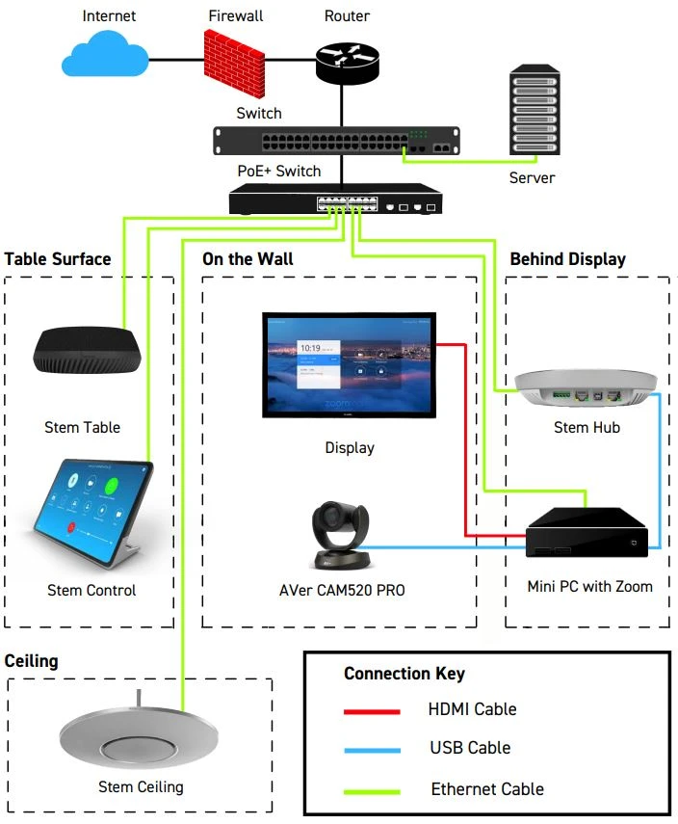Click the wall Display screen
click(349, 365)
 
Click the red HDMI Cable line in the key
click(372, 711)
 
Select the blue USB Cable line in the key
click(372, 749)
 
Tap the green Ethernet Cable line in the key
click(372, 790)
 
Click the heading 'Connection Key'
click(404, 674)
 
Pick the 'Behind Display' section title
click(567, 259)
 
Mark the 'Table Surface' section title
click(58, 259)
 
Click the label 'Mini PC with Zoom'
click(589, 586)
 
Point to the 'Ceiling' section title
click(32, 661)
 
